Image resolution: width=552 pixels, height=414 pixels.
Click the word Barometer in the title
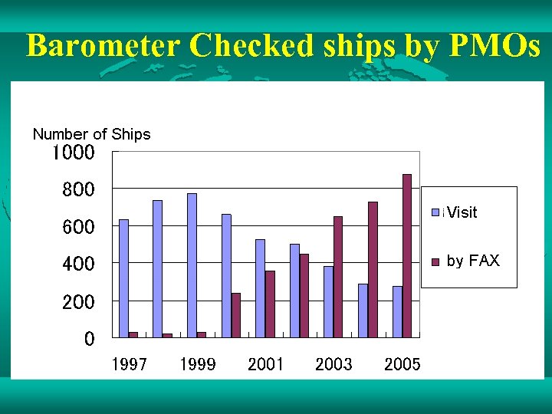coord(104,47)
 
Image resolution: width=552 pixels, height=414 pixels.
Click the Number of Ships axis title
coord(91,135)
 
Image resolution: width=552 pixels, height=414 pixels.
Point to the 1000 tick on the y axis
coord(73,153)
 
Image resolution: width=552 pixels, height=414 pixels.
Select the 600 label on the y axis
coord(78,227)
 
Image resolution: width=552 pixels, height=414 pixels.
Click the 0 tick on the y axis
coord(90,338)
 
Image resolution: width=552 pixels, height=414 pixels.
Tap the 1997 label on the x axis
coord(129,365)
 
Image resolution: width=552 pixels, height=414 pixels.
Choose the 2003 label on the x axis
coord(333,365)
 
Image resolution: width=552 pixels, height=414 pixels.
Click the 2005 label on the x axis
coord(402,365)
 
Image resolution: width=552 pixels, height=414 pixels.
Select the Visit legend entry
coord(461,212)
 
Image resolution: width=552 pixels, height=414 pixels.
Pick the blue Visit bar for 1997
coord(123,278)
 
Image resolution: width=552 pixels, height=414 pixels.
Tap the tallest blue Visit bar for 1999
coord(192,265)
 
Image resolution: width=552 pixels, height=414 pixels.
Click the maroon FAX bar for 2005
coord(407,255)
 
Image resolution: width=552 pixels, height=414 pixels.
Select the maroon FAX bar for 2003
coord(338,277)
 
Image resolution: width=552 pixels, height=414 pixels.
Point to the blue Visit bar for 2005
coord(397,311)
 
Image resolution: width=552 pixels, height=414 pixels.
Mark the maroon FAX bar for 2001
coord(270,304)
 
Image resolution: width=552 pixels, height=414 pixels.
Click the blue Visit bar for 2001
coord(260,288)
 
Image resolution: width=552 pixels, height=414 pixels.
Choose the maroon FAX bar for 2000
coord(235,315)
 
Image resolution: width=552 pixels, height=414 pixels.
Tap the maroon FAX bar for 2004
coord(373,269)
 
